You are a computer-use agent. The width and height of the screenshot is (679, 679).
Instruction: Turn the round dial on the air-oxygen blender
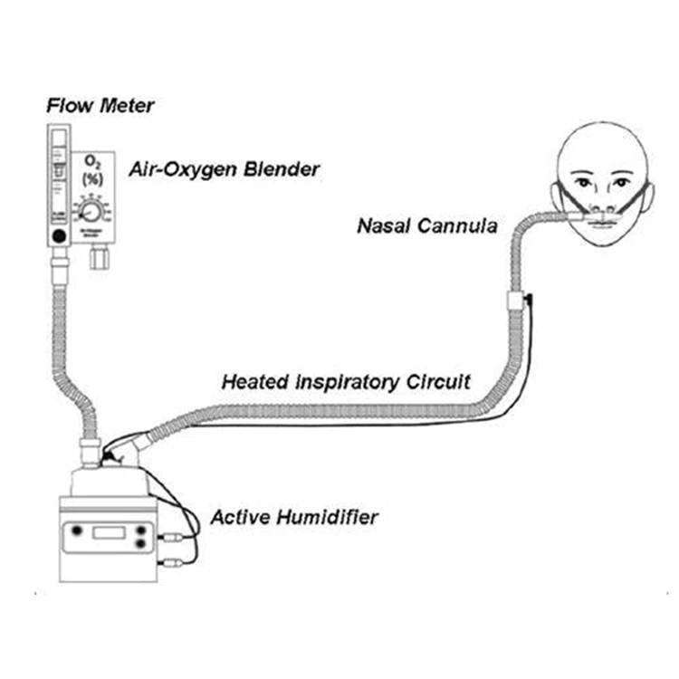91,212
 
